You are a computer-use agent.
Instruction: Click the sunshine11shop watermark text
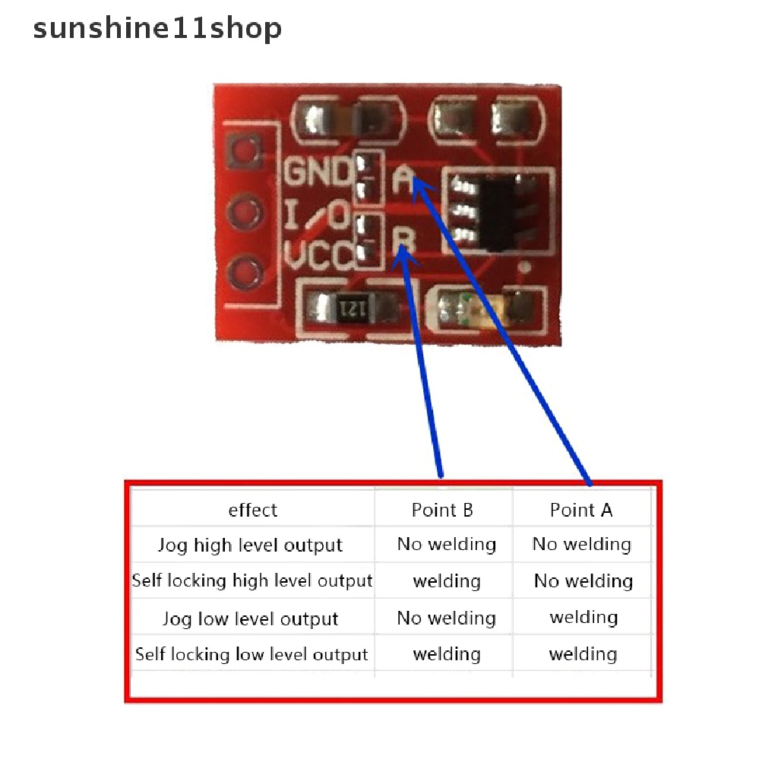click(x=157, y=29)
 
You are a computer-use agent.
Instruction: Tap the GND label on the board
click(x=318, y=172)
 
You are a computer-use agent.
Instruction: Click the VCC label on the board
click(x=318, y=256)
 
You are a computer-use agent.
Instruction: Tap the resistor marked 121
click(x=353, y=308)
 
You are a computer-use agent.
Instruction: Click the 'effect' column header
click(x=253, y=510)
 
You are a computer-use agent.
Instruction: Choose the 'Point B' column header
click(x=442, y=510)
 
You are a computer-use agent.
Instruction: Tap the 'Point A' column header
click(x=581, y=510)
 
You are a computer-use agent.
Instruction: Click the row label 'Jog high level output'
click(x=250, y=546)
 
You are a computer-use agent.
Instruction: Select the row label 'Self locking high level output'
click(x=252, y=581)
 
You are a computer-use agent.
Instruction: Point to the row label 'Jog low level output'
click(x=250, y=618)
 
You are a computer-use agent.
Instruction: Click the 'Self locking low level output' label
click(x=251, y=654)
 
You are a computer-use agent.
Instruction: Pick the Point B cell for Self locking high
click(x=447, y=581)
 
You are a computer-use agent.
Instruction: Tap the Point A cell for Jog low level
click(x=583, y=617)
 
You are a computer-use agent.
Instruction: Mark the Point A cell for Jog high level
click(x=582, y=544)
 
